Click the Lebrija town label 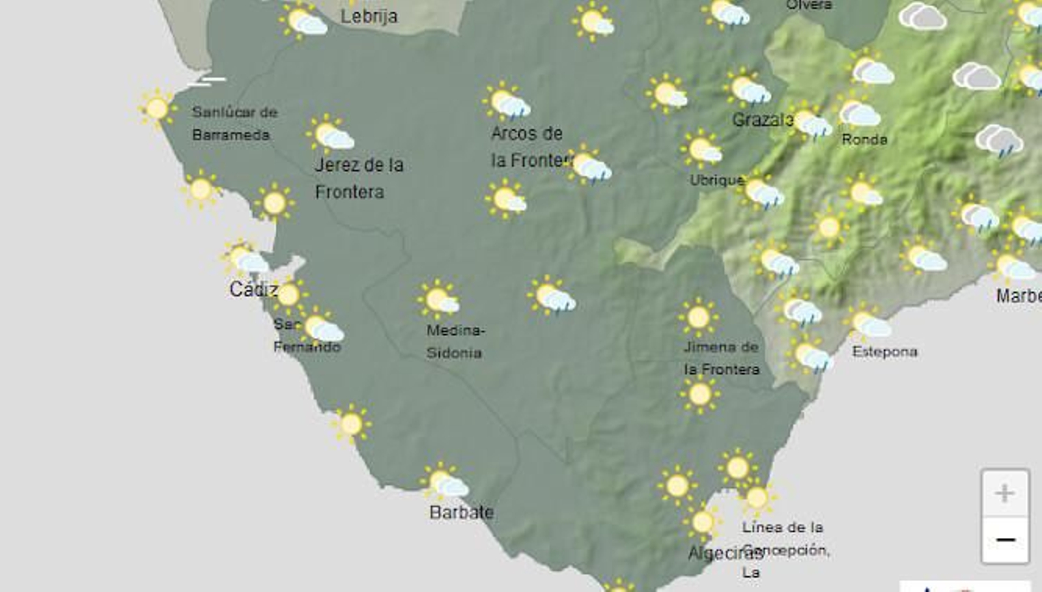click(x=369, y=16)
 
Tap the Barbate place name click(x=461, y=513)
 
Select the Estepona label click(x=884, y=352)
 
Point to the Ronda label click(x=864, y=139)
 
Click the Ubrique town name click(x=716, y=180)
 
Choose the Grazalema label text click(x=762, y=120)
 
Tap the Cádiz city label click(x=253, y=289)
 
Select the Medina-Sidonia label click(x=455, y=341)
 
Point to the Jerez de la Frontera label click(x=358, y=178)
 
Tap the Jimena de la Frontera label click(x=721, y=358)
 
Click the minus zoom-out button click(x=1005, y=540)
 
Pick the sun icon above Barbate click(x=444, y=483)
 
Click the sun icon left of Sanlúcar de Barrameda click(x=157, y=108)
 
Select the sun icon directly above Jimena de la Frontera click(x=698, y=318)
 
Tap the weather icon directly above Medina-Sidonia click(x=440, y=300)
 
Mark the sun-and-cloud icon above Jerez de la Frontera click(x=331, y=135)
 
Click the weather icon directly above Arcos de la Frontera click(x=507, y=103)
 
